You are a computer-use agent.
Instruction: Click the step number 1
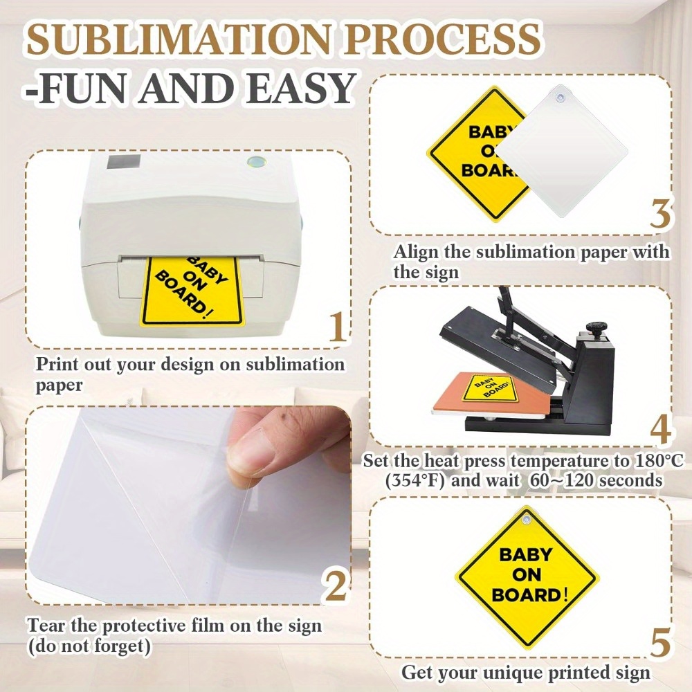(x=337, y=327)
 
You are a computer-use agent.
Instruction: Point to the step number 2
(x=336, y=585)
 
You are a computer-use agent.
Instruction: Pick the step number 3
(x=660, y=214)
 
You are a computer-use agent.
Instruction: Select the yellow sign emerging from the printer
(x=192, y=291)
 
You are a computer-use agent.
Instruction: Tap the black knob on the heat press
(x=597, y=328)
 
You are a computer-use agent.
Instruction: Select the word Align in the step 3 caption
(x=417, y=252)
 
